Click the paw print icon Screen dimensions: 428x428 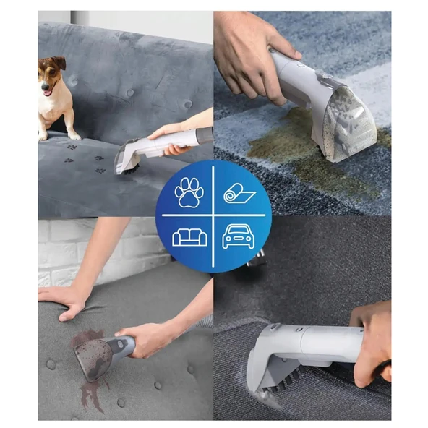coord(189,192)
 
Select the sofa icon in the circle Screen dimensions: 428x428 coord(189,236)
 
